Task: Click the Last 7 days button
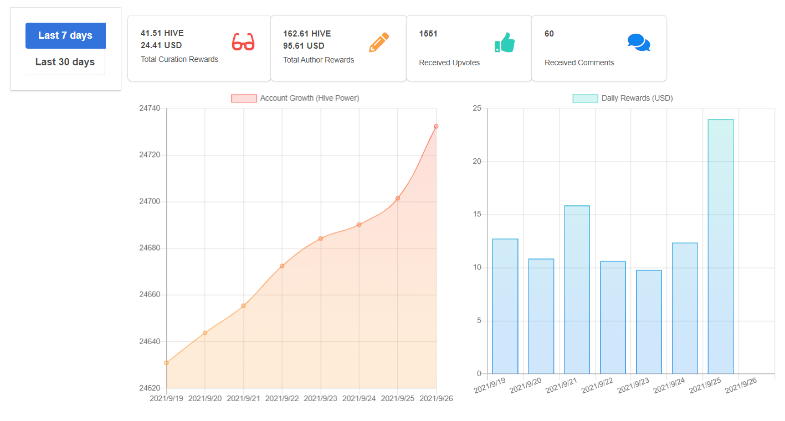click(x=65, y=35)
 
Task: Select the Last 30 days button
click(x=65, y=62)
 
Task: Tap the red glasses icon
click(x=243, y=42)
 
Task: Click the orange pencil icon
click(x=379, y=43)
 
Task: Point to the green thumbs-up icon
click(x=505, y=43)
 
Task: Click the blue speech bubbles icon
click(x=639, y=43)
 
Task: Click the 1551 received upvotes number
click(x=428, y=34)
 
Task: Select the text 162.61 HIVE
click(x=307, y=34)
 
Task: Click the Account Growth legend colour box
click(x=244, y=98)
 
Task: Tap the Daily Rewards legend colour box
click(x=585, y=98)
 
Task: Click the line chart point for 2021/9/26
click(x=436, y=126)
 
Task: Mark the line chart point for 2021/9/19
click(x=166, y=363)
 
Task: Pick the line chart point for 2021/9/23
click(x=321, y=238)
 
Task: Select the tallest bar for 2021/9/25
click(x=721, y=246)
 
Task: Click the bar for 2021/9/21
click(x=577, y=290)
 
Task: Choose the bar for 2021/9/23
click(x=649, y=322)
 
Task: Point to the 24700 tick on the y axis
click(x=150, y=201)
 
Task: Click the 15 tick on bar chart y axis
click(x=477, y=214)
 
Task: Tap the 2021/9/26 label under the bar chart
click(x=741, y=385)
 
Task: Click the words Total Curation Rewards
click(x=179, y=60)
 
